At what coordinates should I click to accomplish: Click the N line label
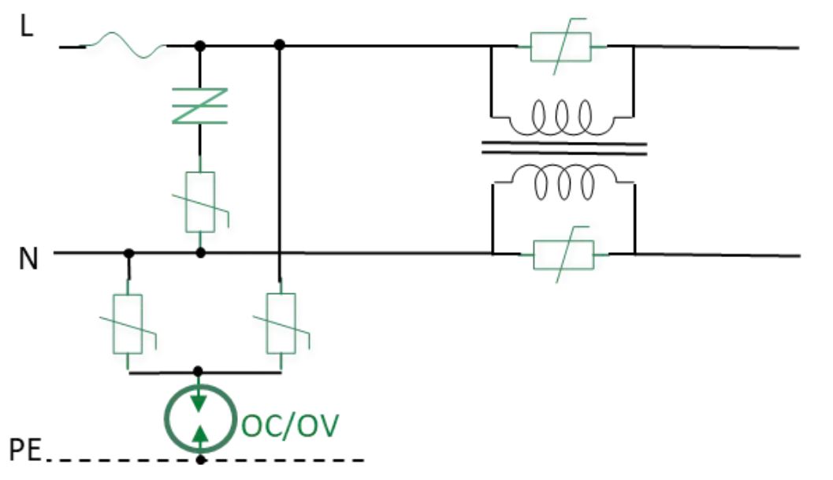28,259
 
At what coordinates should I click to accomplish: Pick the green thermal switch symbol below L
200,106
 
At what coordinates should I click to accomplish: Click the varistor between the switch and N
201,203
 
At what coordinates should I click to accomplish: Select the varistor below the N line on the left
128,323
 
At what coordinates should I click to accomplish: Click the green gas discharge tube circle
200,417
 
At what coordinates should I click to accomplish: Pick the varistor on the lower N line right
564,255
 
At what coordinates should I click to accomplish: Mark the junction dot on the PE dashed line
201,459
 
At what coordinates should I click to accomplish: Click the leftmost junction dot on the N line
128,254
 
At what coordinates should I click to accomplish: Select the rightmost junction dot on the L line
280,47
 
